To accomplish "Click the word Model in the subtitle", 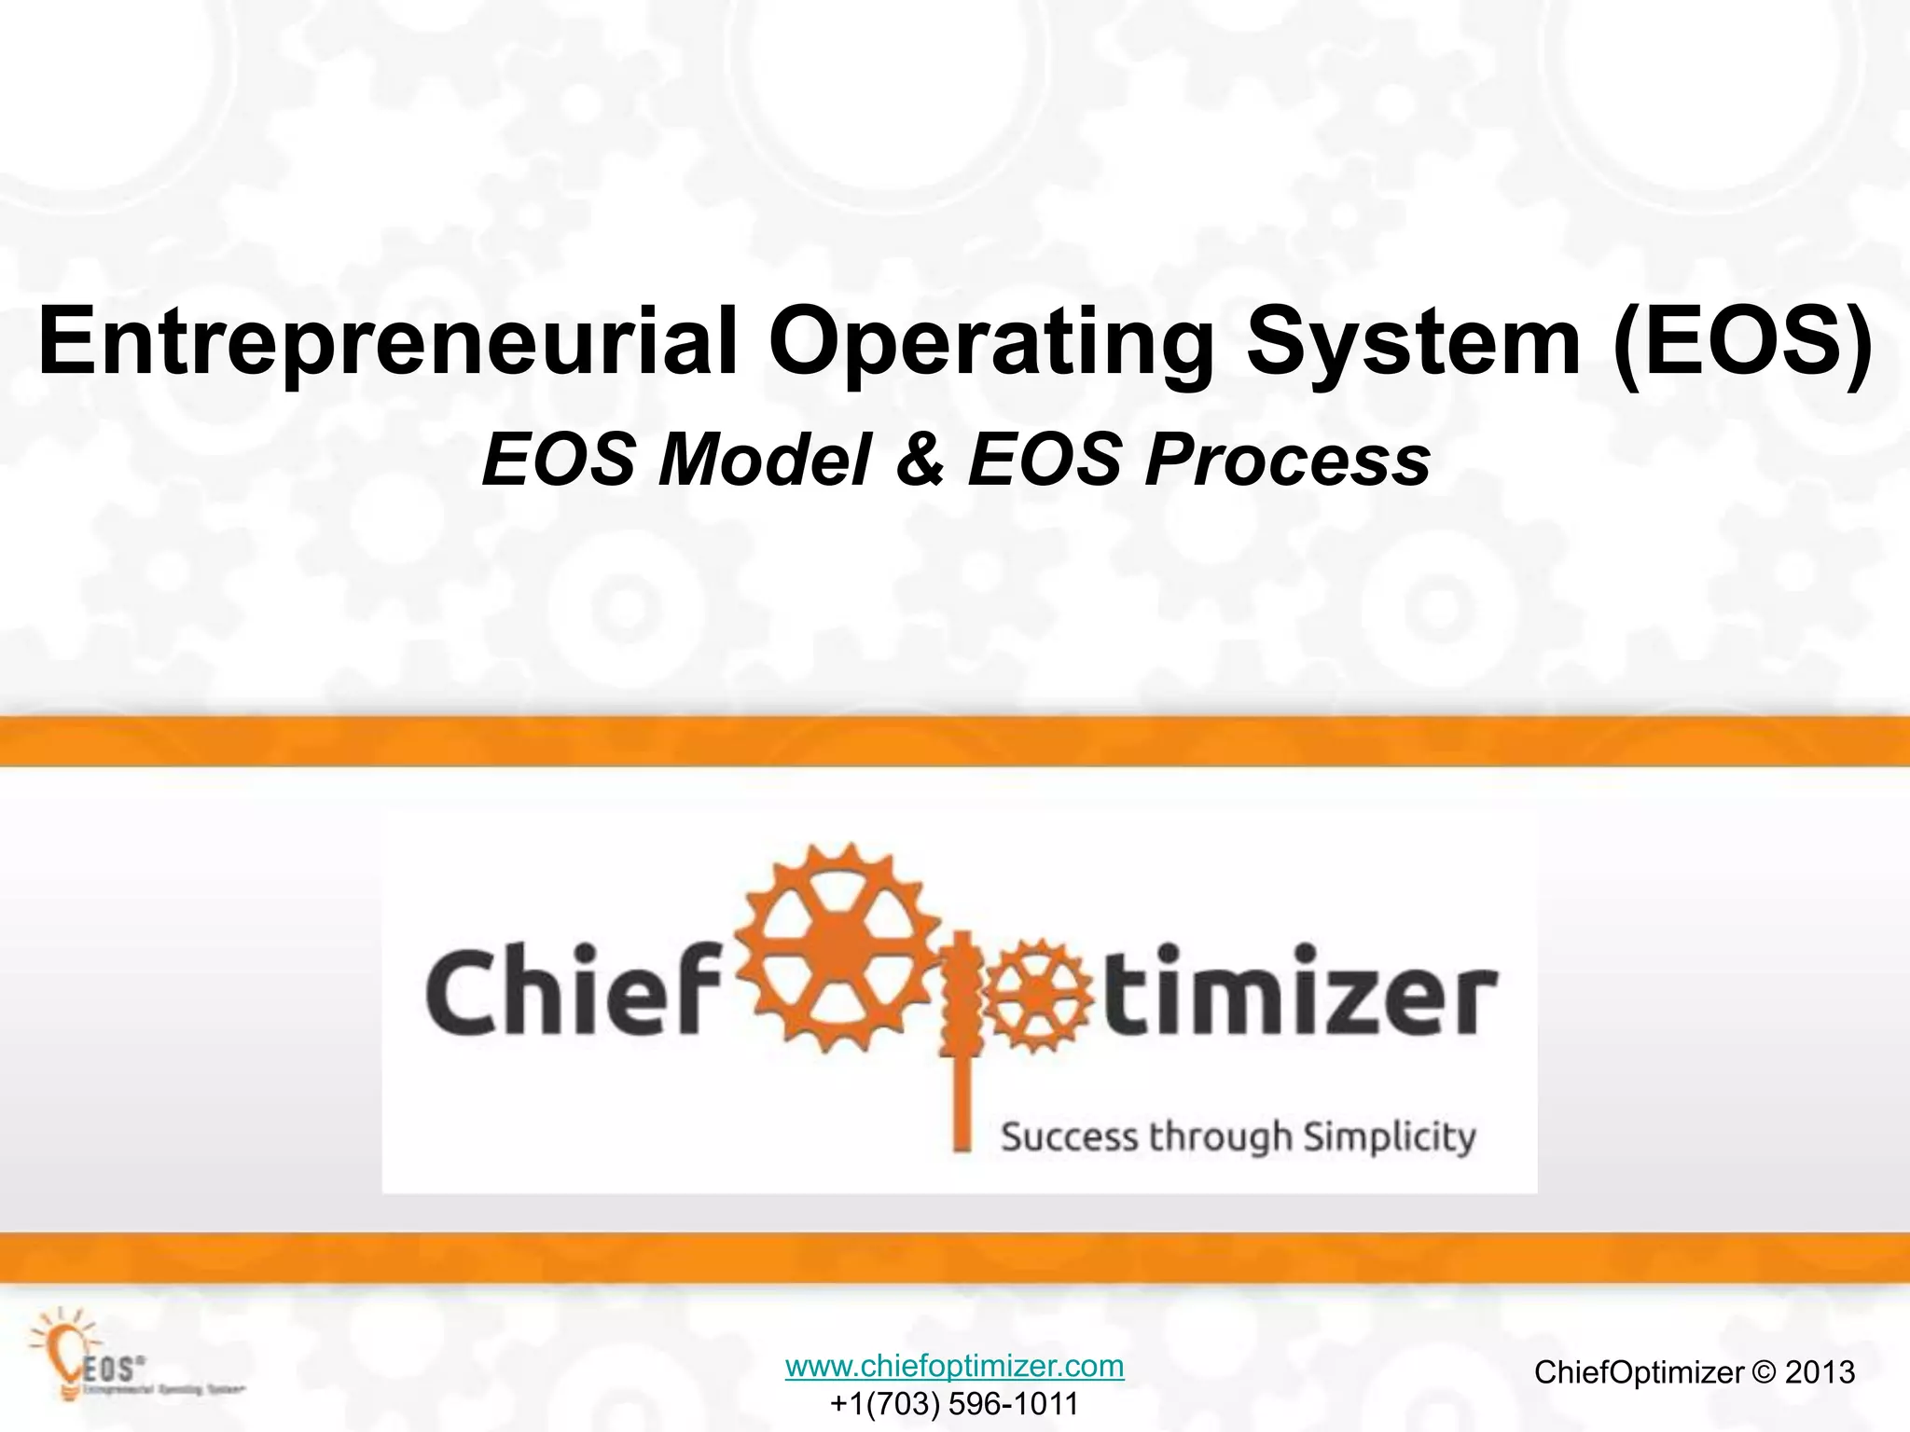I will coord(765,460).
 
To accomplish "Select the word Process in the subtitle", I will coord(1287,460).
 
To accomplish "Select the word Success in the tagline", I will coord(1070,1137).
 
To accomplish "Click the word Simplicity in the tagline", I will coord(1389,1137).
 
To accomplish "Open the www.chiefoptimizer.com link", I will coord(954,1366).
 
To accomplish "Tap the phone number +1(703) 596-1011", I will coord(954,1403).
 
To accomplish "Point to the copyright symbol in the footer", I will coord(1764,1371).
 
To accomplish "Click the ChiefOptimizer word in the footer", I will coord(1639,1371).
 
